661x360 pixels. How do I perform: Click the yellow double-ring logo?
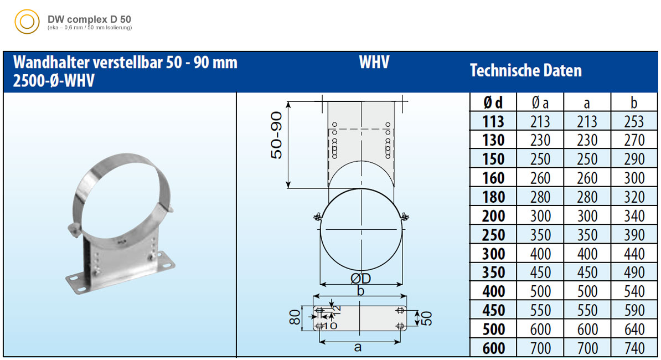[27, 22]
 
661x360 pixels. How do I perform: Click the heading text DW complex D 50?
[89, 19]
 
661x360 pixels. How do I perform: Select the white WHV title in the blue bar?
[374, 63]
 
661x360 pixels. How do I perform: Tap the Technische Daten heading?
[526, 70]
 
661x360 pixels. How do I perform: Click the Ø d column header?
[493, 102]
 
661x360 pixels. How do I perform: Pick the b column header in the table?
[634, 102]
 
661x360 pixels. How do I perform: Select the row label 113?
[493, 121]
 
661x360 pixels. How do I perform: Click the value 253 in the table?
[634, 121]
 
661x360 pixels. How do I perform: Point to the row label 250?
[493, 235]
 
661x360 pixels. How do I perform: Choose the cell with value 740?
[634, 348]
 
